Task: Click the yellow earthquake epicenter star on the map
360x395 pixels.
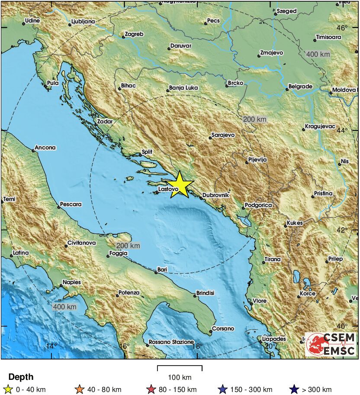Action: pos(180,185)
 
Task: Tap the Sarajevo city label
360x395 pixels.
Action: pos(223,135)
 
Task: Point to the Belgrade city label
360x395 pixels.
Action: pos(299,87)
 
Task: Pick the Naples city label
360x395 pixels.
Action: pos(71,282)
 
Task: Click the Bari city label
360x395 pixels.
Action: pos(162,270)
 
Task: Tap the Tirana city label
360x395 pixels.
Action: pos(272,259)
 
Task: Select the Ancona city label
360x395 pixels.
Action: pos(45,148)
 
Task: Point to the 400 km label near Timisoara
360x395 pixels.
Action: pos(318,55)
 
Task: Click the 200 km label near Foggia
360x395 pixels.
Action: pos(129,246)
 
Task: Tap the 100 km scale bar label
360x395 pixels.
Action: pos(180,377)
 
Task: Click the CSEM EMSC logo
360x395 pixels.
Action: pos(331,344)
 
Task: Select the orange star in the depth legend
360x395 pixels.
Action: pos(79,389)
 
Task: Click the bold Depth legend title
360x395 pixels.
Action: pos(21,377)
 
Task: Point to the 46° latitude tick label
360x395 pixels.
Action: pos(342,28)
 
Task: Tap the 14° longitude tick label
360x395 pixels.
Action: pos(51,346)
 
